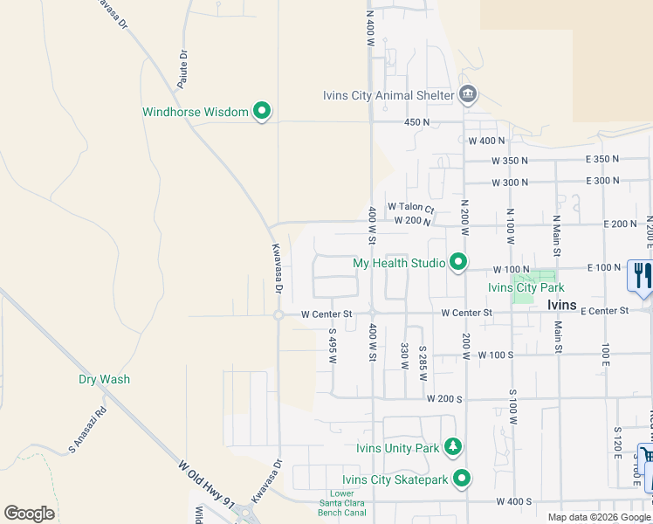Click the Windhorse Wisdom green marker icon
[x=261, y=111]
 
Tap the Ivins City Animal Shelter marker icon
[x=468, y=94]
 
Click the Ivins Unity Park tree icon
[x=452, y=448]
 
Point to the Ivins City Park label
[x=526, y=287]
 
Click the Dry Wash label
[x=104, y=379]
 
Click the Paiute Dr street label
[x=182, y=69]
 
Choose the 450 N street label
[x=417, y=122]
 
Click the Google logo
[x=29, y=514]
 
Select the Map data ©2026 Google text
[x=599, y=517]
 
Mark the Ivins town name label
[x=561, y=304]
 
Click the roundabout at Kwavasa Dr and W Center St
[x=278, y=315]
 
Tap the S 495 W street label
[x=333, y=343]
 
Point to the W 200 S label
[x=444, y=398]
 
